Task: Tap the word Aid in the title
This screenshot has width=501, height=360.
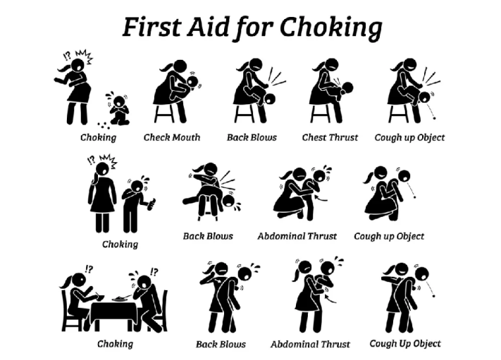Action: pyautogui.click(x=208, y=27)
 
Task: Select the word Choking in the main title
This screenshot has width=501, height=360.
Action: pyautogui.click(x=331, y=28)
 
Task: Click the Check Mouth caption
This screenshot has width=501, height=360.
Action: pyautogui.click(x=172, y=137)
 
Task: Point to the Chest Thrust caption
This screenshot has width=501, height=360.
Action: pyautogui.click(x=330, y=137)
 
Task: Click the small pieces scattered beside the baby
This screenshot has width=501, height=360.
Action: pyautogui.click(x=104, y=125)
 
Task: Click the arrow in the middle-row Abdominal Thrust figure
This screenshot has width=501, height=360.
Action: pyautogui.click(x=321, y=199)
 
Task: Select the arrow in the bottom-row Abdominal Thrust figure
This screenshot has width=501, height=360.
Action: pyautogui.click(x=330, y=299)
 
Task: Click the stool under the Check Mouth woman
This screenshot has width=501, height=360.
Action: pyautogui.click(x=164, y=113)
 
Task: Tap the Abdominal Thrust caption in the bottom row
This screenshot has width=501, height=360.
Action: pyautogui.click(x=310, y=345)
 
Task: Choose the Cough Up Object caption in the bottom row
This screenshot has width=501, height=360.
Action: pyautogui.click(x=405, y=344)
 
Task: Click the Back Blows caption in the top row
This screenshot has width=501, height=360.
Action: pyautogui.click(x=252, y=137)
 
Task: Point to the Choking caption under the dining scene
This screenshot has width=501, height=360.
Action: pyautogui.click(x=115, y=344)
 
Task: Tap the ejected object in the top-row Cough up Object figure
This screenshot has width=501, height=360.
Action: pyautogui.click(x=434, y=118)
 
